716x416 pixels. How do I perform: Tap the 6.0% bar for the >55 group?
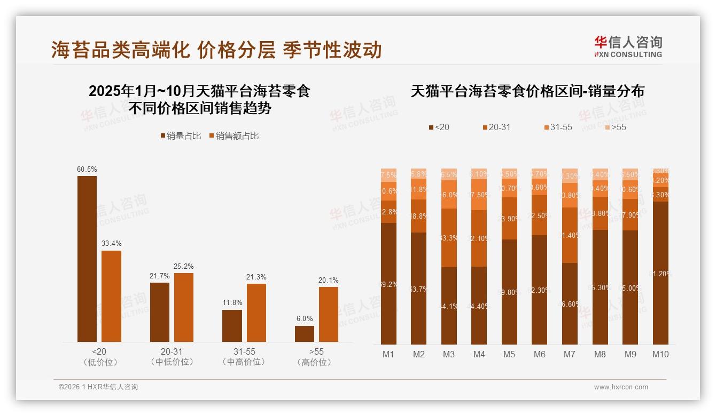305,333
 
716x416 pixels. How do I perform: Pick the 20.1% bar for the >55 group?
329,314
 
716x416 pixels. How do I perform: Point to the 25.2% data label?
184,266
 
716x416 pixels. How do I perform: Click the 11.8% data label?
232,303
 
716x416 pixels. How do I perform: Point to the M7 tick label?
569,354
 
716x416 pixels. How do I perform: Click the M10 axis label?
660,354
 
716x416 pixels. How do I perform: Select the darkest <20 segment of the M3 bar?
449,306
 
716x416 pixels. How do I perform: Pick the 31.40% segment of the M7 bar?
570,235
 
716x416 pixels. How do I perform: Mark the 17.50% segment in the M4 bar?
479,195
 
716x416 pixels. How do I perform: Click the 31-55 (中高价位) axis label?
244,357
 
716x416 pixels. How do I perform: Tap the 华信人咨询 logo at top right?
628,46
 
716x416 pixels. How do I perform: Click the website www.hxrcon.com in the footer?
621,387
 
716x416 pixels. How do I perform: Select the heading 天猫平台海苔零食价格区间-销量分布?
527,91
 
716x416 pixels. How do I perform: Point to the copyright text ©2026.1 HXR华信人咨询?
98,387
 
